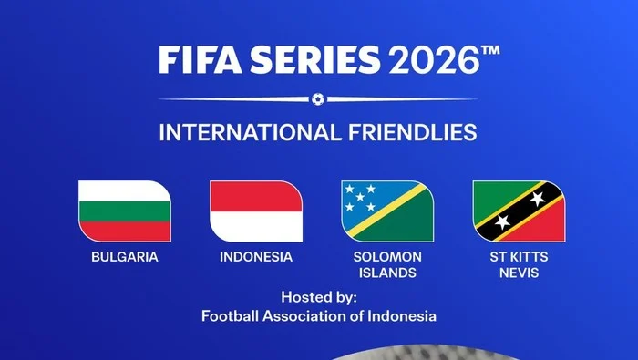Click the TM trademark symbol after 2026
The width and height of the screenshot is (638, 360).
click(x=489, y=52)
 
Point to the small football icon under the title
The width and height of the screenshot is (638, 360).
click(x=317, y=98)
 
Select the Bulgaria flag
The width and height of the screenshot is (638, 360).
click(x=124, y=211)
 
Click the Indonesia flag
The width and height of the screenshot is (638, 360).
click(x=256, y=211)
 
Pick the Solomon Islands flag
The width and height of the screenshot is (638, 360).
click(x=387, y=211)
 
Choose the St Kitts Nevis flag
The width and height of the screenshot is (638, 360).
click(x=519, y=211)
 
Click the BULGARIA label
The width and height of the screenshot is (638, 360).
click(x=124, y=257)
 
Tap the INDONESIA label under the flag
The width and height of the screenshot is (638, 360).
click(x=256, y=257)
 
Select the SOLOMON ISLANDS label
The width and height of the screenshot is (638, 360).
click(x=387, y=264)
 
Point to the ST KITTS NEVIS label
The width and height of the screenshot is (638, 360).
click(x=519, y=264)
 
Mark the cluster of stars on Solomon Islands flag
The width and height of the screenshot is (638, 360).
click(x=358, y=196)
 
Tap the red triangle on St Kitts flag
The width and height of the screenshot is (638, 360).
click(x=547, y=228)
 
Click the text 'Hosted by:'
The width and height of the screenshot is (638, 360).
click(x=319, y=298)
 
